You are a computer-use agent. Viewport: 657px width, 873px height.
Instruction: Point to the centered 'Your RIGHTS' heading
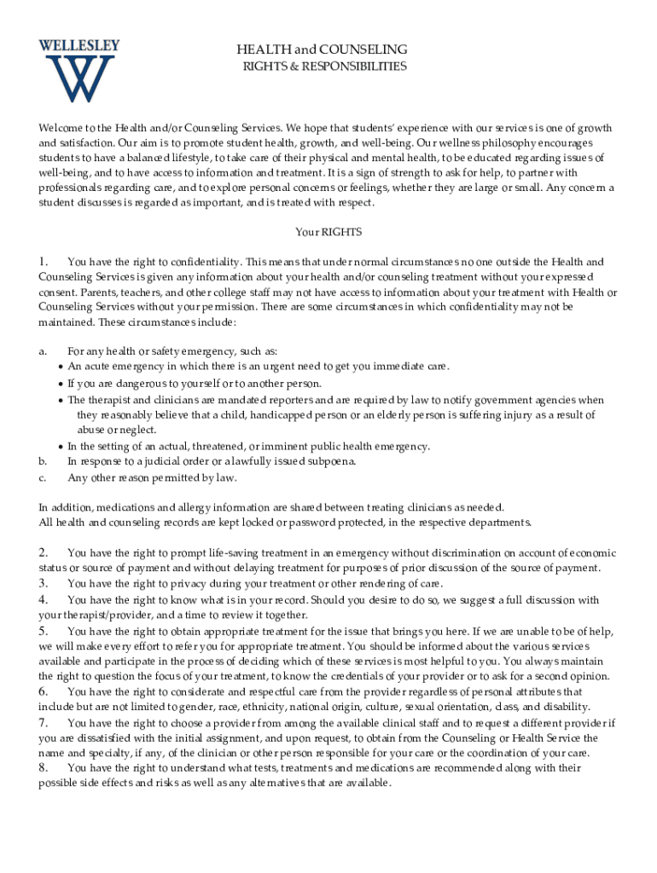point(328,232)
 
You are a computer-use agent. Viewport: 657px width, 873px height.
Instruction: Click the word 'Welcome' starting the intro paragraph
point(59,129)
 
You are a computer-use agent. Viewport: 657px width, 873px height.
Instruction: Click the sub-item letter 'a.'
point(43,351)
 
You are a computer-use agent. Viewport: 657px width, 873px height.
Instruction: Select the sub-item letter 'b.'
point(43,461)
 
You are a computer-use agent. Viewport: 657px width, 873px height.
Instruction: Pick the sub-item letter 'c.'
point(43,477)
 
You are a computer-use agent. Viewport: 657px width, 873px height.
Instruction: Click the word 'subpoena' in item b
point(332,461)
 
